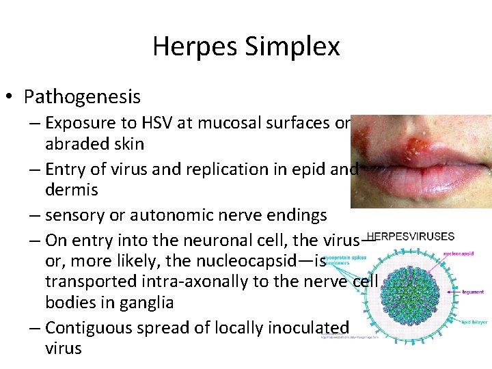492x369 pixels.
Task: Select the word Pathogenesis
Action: (x=82, y=97)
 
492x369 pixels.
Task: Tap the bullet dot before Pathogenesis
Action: (x=12, y=97)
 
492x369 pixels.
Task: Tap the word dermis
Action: (x=71, y=189)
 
